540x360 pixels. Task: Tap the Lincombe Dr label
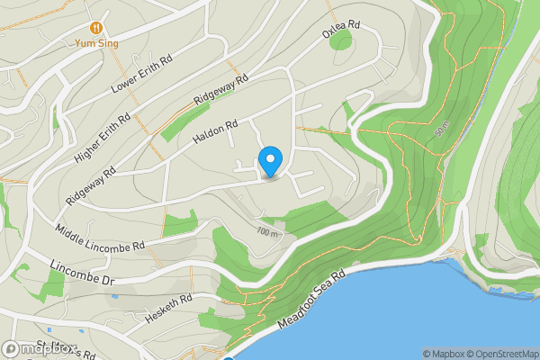[85, 274]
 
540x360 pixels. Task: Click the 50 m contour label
[440, 131]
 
